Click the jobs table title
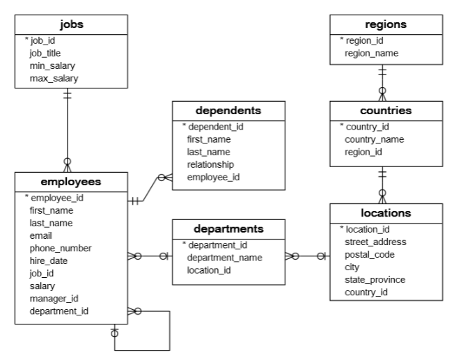[x=72, y=24]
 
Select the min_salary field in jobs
[x=53, y=66]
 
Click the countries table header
[x=385, y=111]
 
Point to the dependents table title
[x=228, y=111]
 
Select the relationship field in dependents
[x=210, y=164]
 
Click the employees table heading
[x=72, y=182]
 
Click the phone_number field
[x=60, y=248]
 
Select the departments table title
[x=228, y=228]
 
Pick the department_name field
[x=224, y=258]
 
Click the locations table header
[x=385, y=213]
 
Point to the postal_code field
[x=370, y=254]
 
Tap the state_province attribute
[x=375, y=279]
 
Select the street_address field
[x=375, y=242]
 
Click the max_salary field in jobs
[x=54, y=79]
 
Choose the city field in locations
[x=353, y=267]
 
